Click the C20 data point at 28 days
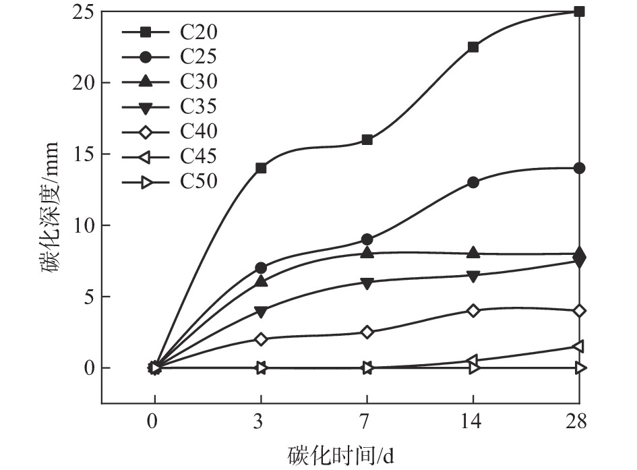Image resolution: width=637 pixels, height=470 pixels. [579, 11]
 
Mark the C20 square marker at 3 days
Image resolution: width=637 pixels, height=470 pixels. [261, 168]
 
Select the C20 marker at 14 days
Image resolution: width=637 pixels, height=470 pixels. [473, 47]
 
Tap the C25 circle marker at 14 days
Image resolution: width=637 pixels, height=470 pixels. [473, 182]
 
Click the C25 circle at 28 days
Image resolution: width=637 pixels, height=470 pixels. [579, 168]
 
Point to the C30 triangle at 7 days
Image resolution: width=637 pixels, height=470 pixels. [367, 253]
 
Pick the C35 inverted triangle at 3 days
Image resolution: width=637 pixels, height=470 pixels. [261, 311]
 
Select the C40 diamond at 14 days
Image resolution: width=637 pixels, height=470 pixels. [473, 310]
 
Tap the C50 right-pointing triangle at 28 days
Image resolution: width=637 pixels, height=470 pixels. [579, 368]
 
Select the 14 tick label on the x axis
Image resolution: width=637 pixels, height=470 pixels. [473, 423]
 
